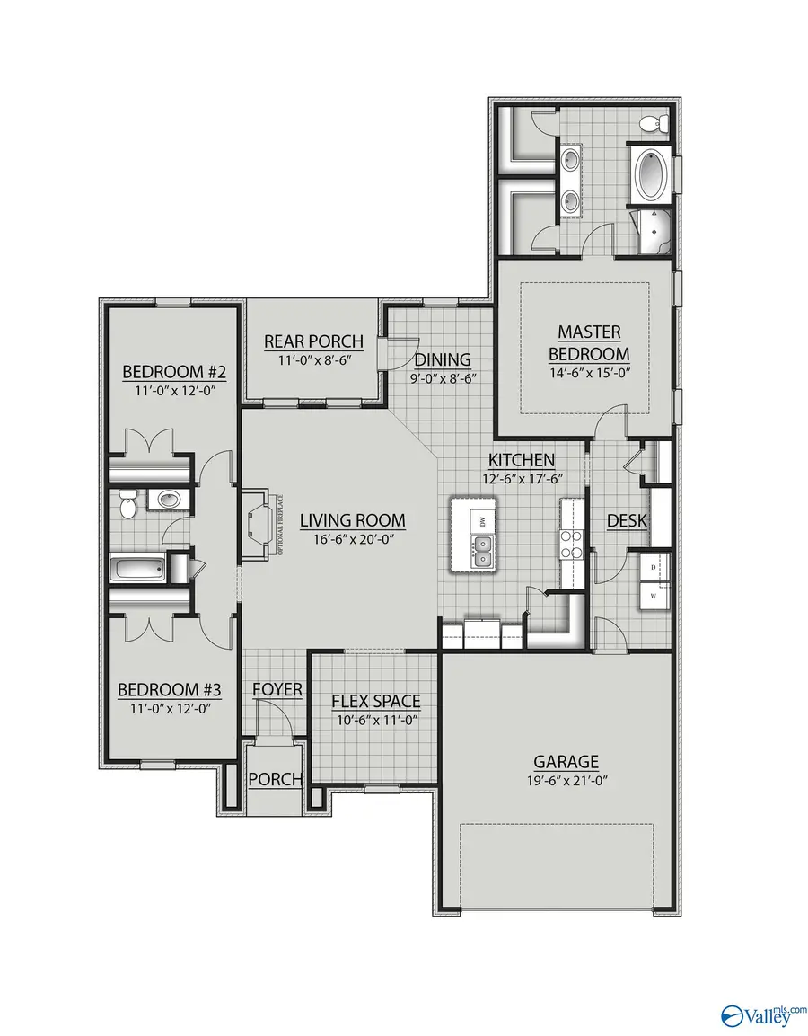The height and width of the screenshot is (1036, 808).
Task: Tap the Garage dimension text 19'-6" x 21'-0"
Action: coord(564,782)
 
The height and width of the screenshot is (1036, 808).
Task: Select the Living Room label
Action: coord(352,520)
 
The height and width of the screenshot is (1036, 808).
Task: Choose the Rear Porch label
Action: coord(313,341)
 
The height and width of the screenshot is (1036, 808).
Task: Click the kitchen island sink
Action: coord(484,551)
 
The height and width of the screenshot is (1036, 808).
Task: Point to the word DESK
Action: coord(628,521)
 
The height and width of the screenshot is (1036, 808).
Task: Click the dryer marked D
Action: coord(653,569)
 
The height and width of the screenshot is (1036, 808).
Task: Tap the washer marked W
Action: coord(653,595)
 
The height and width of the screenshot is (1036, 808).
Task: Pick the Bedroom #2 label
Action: coord(166,372)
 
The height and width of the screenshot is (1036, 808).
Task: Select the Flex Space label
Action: coord(375,701)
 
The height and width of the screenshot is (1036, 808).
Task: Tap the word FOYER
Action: coord(277,690)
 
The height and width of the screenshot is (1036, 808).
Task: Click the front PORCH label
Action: coord(275,779)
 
